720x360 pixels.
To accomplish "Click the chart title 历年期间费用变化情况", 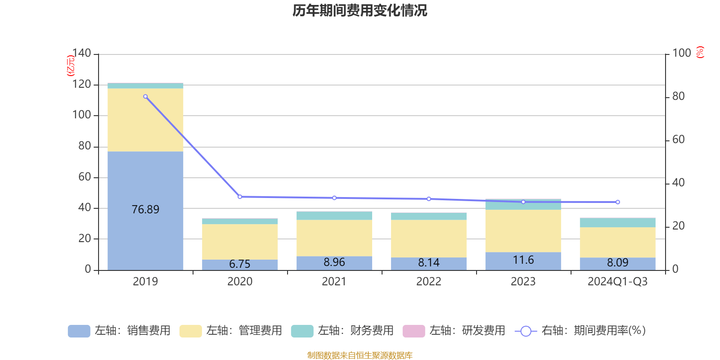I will pyautogui.click(x=360, y=10).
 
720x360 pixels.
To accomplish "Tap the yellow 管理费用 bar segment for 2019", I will pyautogui.click(x=145, y=120).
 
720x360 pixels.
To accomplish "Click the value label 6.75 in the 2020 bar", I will pyautogui.click(x=239, y=264).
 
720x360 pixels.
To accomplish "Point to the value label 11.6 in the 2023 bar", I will pyautogui.click(x=523, y=260).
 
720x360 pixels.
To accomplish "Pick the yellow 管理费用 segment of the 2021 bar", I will pyautogui.click(x=334, y=238).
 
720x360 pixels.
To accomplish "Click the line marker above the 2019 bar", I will pyautogui.click(x=145, y=97).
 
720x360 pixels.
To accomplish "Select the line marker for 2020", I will pyautogui.click(x=240, y=197).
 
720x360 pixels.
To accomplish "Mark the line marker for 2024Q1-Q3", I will pyautogui.click(x=617, y=202).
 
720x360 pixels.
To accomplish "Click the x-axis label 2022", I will pyautogui.click(x=428, y=282).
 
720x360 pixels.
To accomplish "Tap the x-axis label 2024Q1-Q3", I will pyautogui.click(x=617, y=282).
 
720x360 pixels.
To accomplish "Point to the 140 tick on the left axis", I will pyautogui.click(x=81, y=53).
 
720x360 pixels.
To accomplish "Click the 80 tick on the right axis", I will pyautogui.click(x=678, y=96).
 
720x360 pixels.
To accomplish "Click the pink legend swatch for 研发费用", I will pyautogui.click(x=414, y=331).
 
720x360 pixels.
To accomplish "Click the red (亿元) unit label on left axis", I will pyautogui.click(x=71, y=66).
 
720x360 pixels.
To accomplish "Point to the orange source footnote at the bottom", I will pyautogui.click(x=360, y=355).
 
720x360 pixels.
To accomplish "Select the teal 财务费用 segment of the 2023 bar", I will pyautogui.click(x=523, y=205).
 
